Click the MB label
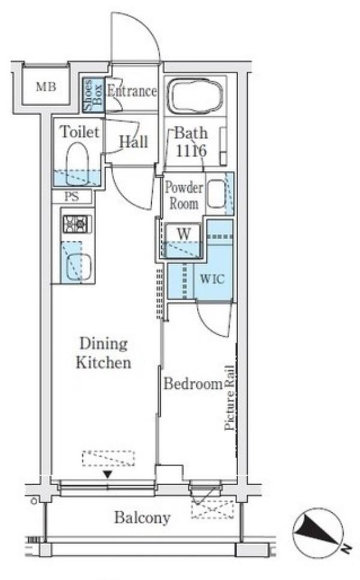(46, 87)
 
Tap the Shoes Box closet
(93, 95)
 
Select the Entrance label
(132, 91)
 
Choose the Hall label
(133, 142)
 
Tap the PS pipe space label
(72, 196)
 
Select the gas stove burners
(77, 224)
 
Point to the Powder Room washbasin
(217, 194)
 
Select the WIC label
(212, 278)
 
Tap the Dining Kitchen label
(104, 353)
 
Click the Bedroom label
(193, 384)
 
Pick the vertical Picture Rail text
(230, 398)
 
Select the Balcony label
(142, 518)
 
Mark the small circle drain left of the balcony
(34, 501)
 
